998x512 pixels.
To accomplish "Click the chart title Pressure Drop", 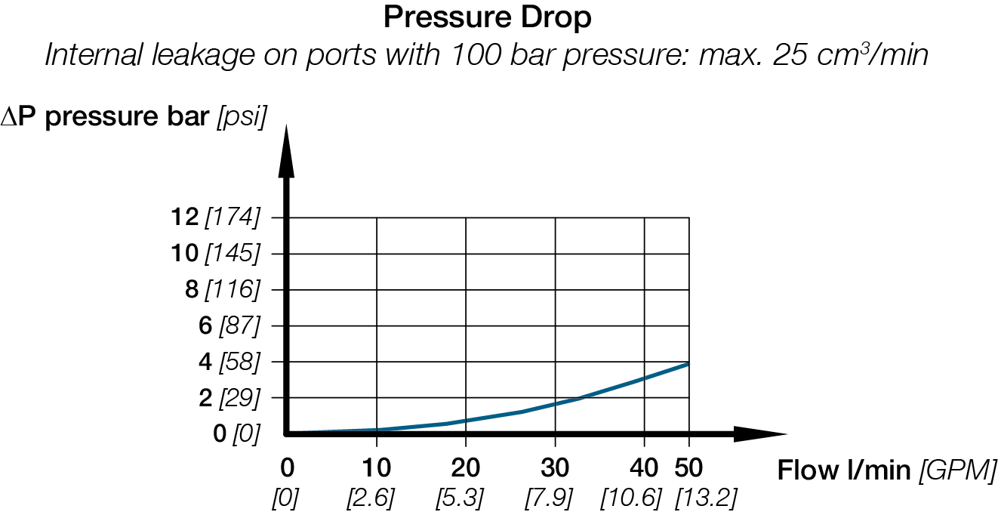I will click(487, 17).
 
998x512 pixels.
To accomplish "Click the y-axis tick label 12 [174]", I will click(216, 217).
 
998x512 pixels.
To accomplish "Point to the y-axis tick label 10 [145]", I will click(216, 254).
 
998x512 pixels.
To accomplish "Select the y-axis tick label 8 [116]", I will click(222, 289).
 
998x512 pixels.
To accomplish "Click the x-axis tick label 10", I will click(377, 468).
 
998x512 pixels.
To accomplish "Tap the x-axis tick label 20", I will click(465, 468).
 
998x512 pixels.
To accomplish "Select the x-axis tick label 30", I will click(555, 468).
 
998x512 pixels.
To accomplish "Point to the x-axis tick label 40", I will click(644, 468).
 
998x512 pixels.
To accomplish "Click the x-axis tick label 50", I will click(688, 468).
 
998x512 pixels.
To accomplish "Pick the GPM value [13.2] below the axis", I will click(706, 498).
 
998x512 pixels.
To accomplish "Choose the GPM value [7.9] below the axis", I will click(549, 498).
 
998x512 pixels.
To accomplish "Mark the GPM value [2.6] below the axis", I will click(371, 498).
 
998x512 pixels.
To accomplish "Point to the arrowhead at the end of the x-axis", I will click(759, 433).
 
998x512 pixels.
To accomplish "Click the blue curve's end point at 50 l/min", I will click(688, 363).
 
